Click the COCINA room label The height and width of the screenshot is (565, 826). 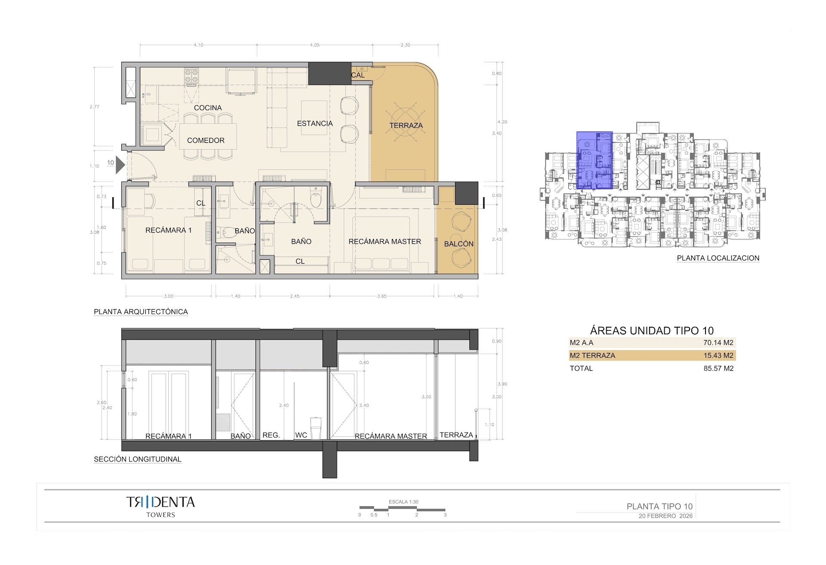click(208, 108)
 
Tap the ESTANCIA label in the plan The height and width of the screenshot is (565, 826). click(314, 123)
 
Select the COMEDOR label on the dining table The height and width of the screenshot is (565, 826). click(206, 141)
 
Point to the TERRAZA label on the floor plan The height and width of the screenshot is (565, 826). click(406, 126)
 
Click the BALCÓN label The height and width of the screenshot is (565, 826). click(459, 244)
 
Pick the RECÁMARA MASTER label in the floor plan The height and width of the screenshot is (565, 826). click(385, 242)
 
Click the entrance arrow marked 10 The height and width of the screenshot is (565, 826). click(120, 165)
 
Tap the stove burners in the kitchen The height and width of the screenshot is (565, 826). click(191, 76)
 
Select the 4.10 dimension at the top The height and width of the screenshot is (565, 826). click(198, 45)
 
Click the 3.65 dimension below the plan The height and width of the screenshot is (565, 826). click(382, 296)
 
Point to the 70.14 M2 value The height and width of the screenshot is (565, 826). click(718, 343)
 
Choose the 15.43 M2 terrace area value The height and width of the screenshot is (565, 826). click(718, 356)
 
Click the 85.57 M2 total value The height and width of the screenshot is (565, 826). click(718, 368)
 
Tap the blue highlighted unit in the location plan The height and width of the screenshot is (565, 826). click(594, 161)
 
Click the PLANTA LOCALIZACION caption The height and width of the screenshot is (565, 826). click(718, 258)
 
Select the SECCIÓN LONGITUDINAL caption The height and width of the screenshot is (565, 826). click(138, 459)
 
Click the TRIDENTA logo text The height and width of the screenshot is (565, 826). click(160, 502)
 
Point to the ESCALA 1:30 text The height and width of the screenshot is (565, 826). click(404, 502)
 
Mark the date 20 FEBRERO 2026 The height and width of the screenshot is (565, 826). click(666, 516)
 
